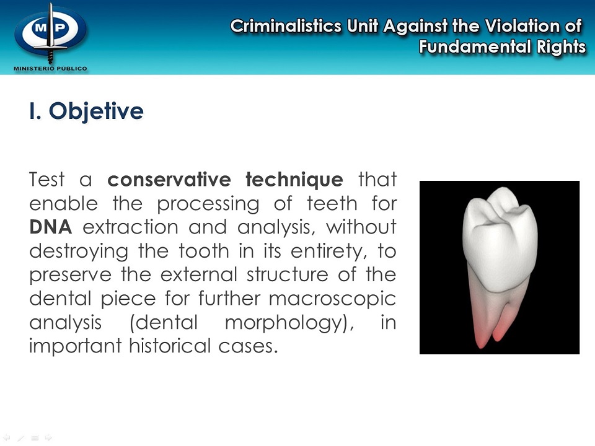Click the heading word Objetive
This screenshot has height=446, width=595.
click(96, 111)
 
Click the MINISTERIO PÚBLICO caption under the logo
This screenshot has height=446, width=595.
click(50, 68)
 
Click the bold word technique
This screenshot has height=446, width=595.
click(294, 180)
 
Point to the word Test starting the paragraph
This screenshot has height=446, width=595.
click(46, 180)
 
